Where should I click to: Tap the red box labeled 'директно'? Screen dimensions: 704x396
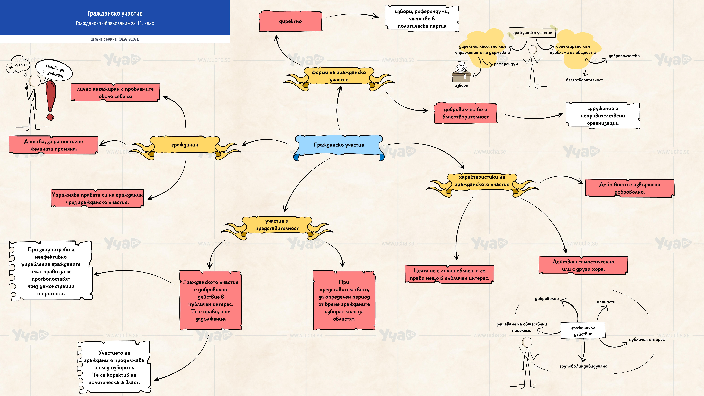(291, 21)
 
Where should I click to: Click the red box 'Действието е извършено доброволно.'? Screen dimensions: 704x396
(630, 188)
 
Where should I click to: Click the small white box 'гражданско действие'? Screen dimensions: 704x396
(583, 330)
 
